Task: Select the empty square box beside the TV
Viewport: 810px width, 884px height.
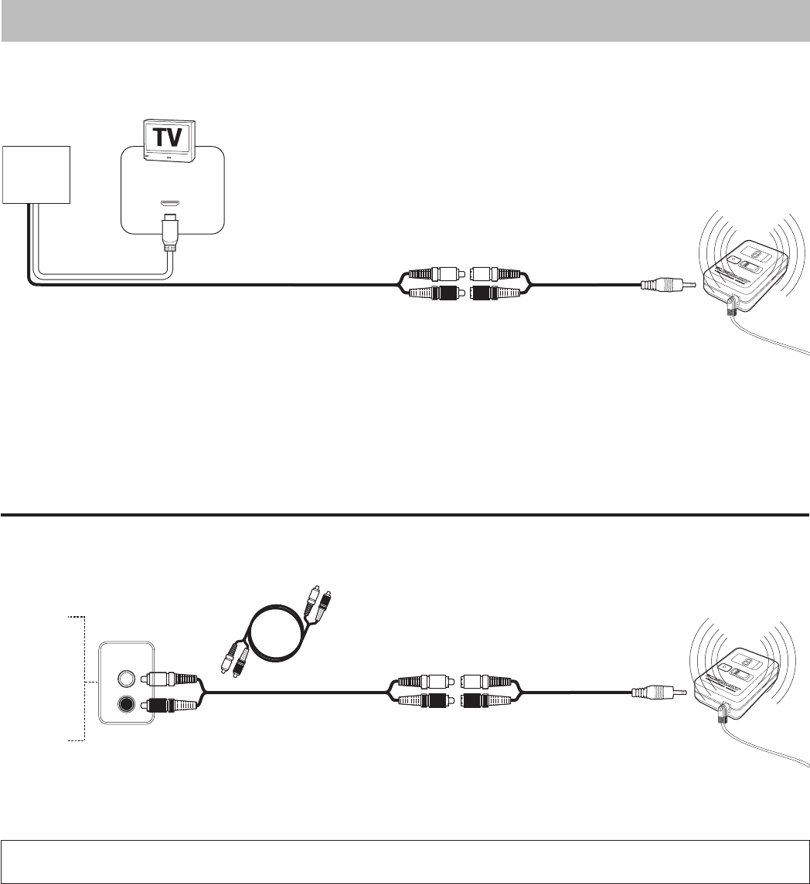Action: pos(36,175)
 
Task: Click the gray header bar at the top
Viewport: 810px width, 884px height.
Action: pos(405,20)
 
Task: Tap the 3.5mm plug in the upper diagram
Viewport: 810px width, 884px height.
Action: pos(669,286)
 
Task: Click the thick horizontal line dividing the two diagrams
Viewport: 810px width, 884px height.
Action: pos(405,513)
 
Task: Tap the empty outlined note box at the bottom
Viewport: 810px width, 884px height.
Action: pos(405,861)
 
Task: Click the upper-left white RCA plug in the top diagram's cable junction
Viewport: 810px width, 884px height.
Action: pos(431,273)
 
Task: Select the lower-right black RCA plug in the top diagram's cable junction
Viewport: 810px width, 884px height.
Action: pos(495,293)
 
